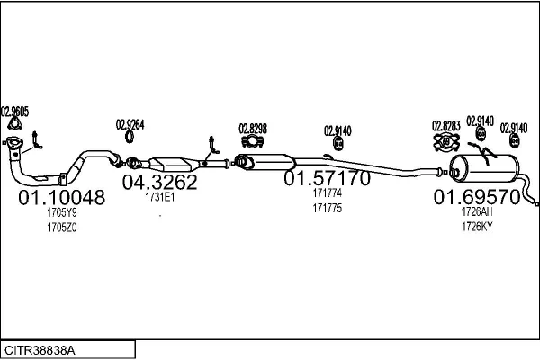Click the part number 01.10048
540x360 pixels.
62,198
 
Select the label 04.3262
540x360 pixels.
159,182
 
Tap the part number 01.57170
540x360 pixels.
327,179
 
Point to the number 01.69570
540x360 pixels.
476,197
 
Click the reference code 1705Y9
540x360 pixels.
62,214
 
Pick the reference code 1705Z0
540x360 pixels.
62,229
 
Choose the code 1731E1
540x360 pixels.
159,198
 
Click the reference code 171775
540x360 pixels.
326,209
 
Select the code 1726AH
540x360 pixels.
476,213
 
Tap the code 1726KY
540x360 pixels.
476,228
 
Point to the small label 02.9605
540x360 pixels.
14,112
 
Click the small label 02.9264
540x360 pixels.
130,124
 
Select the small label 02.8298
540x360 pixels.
252,128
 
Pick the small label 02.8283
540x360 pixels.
446,125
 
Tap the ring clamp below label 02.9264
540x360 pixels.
130,139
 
